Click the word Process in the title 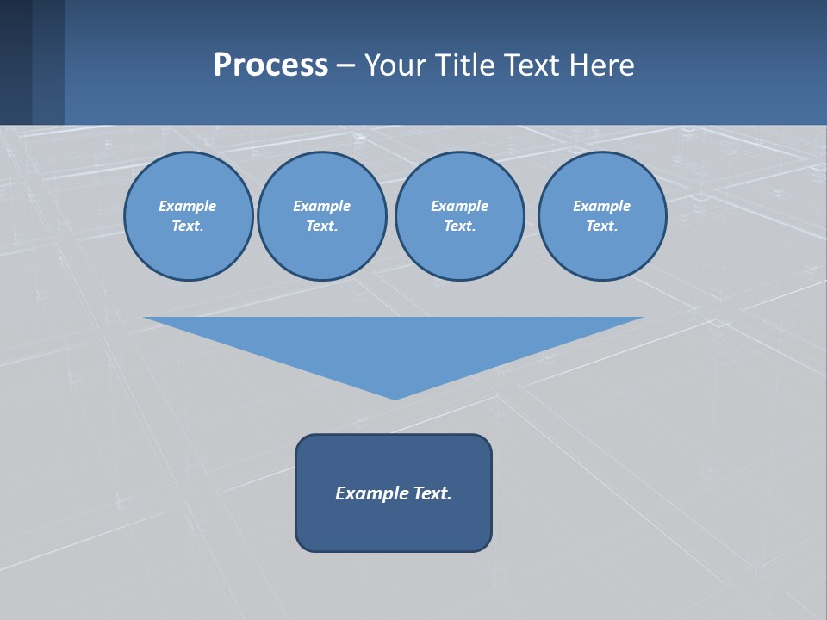(x=270, y=65)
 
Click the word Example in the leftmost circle (x=188, y=206)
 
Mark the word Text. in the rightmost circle (x=601, y=226)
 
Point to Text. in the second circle (x=321, y=226)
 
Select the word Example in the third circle (x=459, y=206)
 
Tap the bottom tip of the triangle (x=395, y=397)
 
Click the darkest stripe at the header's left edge (x=16, y=62)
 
